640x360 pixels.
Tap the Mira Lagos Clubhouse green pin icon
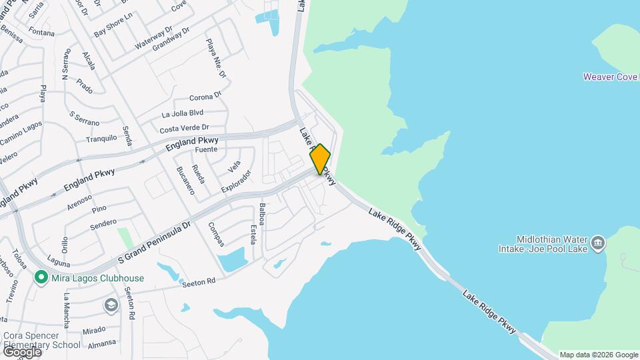[41, 276]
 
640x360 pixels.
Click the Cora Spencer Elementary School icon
[111, 305]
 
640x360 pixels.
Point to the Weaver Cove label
[610, 77]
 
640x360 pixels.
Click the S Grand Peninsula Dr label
[155, 243]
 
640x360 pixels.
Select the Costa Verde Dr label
[184, 127]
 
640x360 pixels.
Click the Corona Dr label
[205, 97]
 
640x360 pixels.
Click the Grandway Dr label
[171, 39]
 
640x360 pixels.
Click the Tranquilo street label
[101, 139]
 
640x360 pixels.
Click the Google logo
[22, 351]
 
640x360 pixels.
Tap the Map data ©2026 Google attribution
[599, 355]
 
